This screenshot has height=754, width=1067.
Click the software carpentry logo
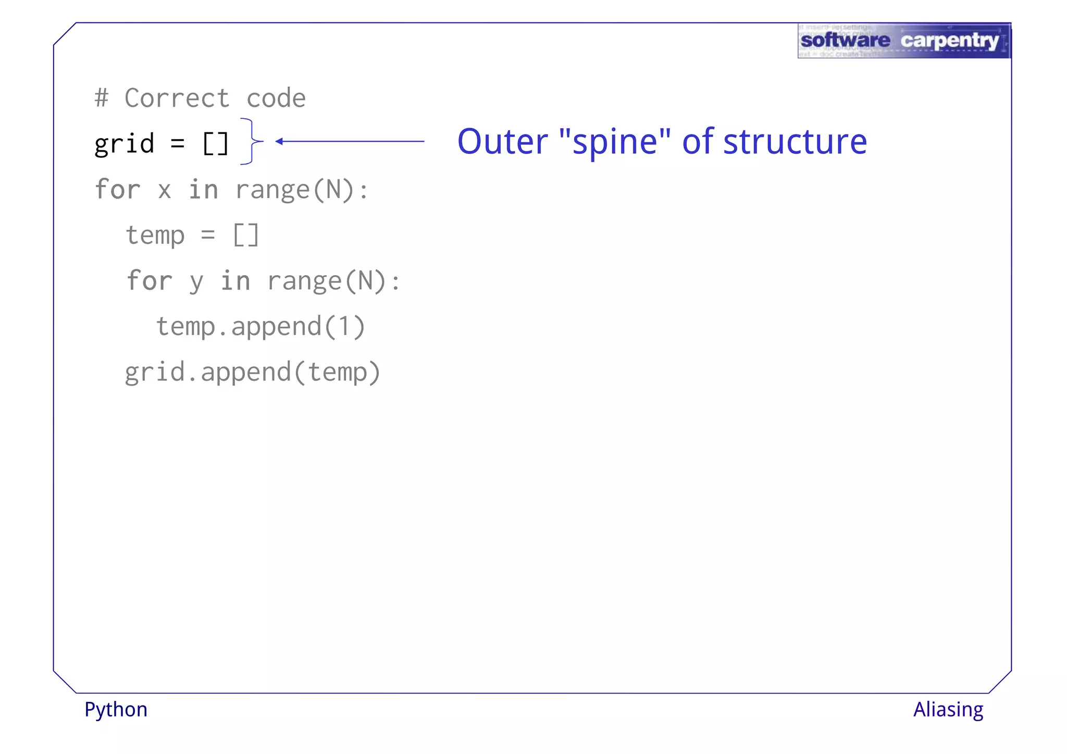tap(904, 41)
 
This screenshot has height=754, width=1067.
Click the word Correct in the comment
tap(177, 98)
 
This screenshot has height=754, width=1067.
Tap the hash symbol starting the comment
tap(102, 98)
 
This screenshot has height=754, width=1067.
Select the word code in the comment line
tap(276, 98)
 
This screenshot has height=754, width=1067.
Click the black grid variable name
tap(125, 143)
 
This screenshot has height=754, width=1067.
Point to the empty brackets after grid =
tap(216, 143)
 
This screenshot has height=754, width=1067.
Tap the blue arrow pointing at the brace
tap(349, 141)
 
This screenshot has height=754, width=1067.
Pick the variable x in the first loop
tap(165, 190)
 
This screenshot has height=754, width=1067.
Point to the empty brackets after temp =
tap(246, 235)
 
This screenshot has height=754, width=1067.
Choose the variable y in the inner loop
tap(196, 282)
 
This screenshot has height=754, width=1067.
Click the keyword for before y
tap(149, 281)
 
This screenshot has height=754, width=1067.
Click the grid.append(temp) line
tap(253, 372)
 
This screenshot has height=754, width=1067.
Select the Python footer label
tap(116, 710)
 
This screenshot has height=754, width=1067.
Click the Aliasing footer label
tap(948, 710)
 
